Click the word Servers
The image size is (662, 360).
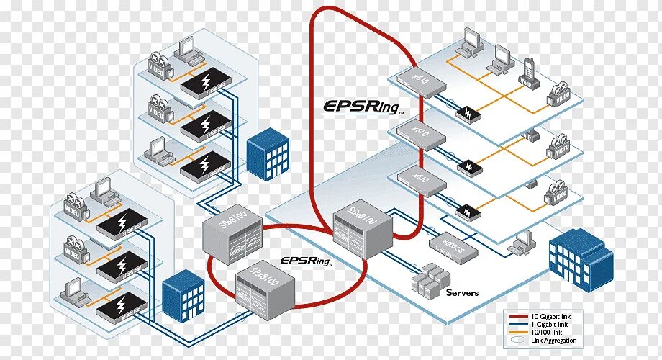point(462,292)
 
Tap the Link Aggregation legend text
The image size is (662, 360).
point(554,341)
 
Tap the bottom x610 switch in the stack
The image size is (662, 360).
point(419,179)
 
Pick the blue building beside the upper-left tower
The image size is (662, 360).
point(268,155)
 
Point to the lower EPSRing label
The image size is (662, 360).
point(306,261)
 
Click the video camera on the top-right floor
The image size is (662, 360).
point(561,94)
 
